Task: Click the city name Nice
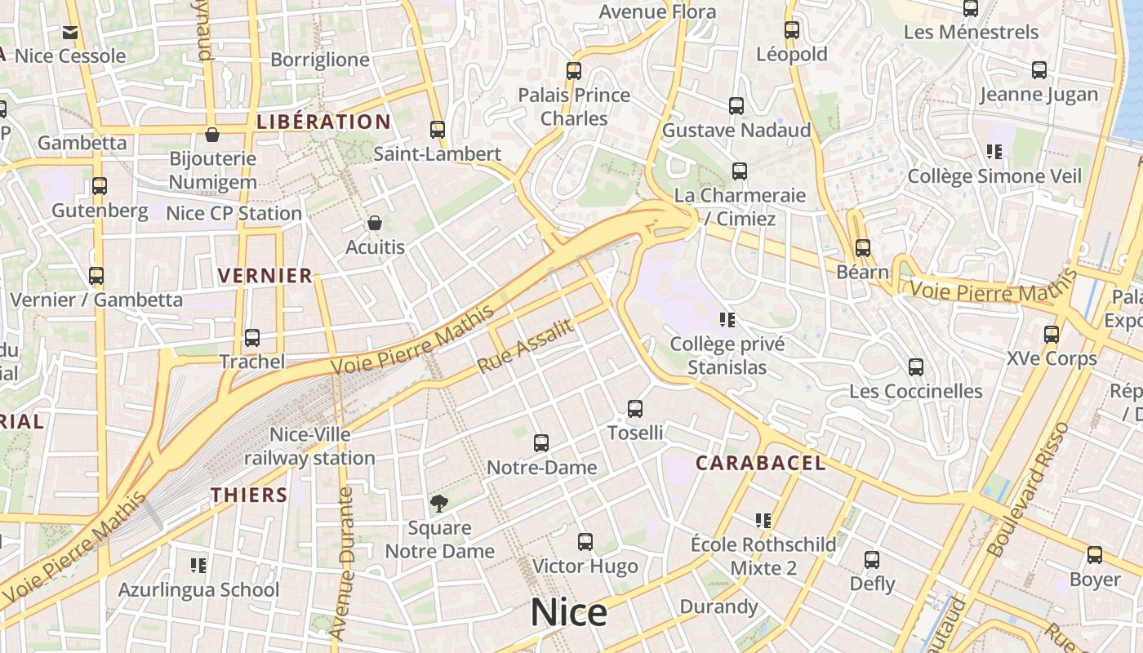[569, 612]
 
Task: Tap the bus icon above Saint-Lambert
[438, 129]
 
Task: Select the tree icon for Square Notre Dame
[439, 503]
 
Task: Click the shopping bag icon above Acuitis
[375, 222]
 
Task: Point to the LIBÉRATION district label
[323, 122]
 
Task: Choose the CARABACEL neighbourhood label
[760, 463]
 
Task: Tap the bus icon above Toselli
[635, 408]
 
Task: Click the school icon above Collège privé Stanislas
[727, 319]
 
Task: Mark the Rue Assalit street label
[525, 345]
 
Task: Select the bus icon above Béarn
[863, 247]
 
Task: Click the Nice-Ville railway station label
[309, 446]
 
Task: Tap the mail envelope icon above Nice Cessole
[70, 33]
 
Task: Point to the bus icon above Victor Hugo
[585, 541]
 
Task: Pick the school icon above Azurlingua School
[198, 565]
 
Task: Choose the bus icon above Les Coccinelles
[916, 366]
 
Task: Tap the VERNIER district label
[265, 275]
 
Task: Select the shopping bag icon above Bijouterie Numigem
[212, 134]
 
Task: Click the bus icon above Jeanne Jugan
[1039, 70]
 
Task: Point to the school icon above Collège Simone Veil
[994, 151]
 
